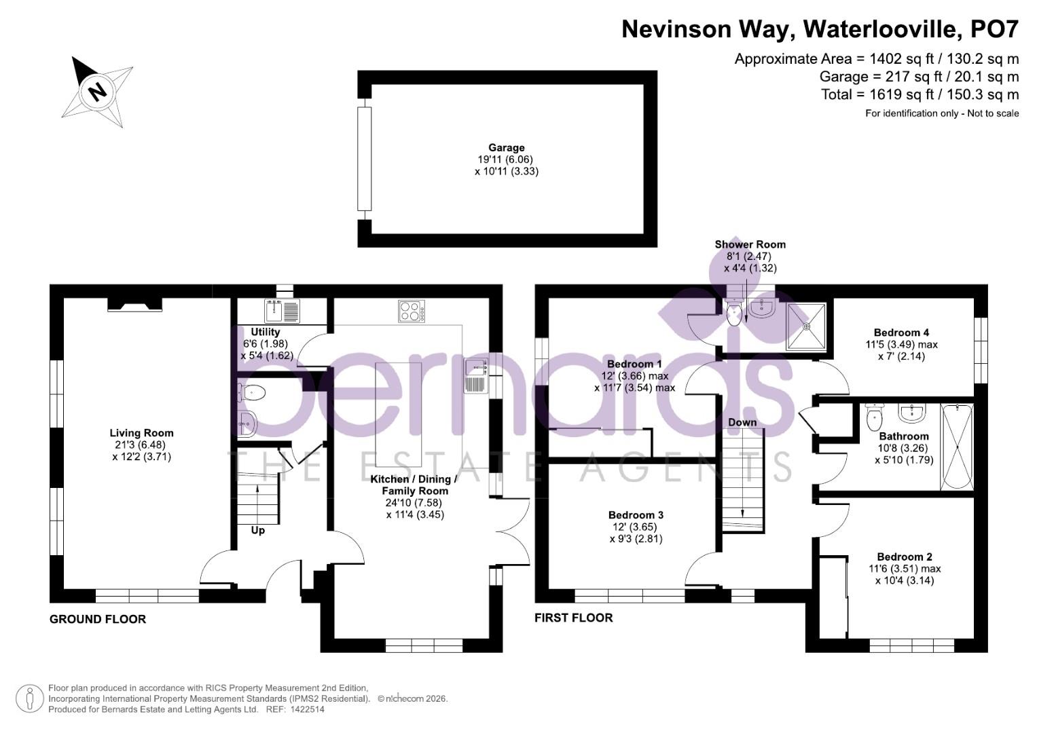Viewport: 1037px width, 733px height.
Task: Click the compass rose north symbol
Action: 98,92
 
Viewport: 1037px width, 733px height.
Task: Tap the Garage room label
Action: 507,147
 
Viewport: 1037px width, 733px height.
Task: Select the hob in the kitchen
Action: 412,311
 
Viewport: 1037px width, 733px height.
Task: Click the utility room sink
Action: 282,311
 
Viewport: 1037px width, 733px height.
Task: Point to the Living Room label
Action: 141,433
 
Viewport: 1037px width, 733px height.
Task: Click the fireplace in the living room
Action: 134,303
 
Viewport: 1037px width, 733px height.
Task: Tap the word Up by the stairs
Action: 258,530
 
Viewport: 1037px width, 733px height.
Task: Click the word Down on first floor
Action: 742,422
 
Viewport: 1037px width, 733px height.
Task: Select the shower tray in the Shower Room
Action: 807,326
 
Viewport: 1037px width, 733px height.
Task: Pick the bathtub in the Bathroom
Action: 957,446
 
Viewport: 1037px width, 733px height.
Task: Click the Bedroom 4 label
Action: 901,333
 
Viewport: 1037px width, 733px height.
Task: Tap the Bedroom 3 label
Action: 636,515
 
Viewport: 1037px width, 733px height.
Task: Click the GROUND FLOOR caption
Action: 98,619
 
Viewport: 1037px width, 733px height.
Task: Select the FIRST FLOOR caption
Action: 574,618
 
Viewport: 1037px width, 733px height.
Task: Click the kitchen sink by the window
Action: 477,375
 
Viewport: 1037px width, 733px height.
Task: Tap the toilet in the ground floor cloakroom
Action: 252,392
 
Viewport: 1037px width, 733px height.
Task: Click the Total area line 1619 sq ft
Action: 920,94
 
